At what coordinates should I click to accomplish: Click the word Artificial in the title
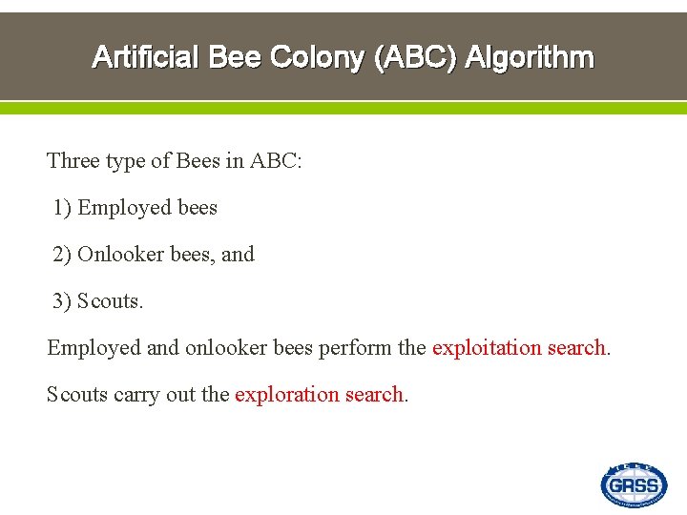144,57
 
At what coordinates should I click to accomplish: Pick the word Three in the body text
73,160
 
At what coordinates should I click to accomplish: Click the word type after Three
125,161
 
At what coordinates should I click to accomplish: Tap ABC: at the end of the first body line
276,160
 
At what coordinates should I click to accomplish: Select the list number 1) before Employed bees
62,208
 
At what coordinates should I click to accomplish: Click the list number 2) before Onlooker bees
62,255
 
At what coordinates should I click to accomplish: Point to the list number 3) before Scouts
62,301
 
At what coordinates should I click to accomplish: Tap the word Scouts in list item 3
110,301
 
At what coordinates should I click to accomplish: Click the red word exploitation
487,348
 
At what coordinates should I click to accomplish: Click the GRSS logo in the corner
634,484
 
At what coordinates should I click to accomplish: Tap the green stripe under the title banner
343,108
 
